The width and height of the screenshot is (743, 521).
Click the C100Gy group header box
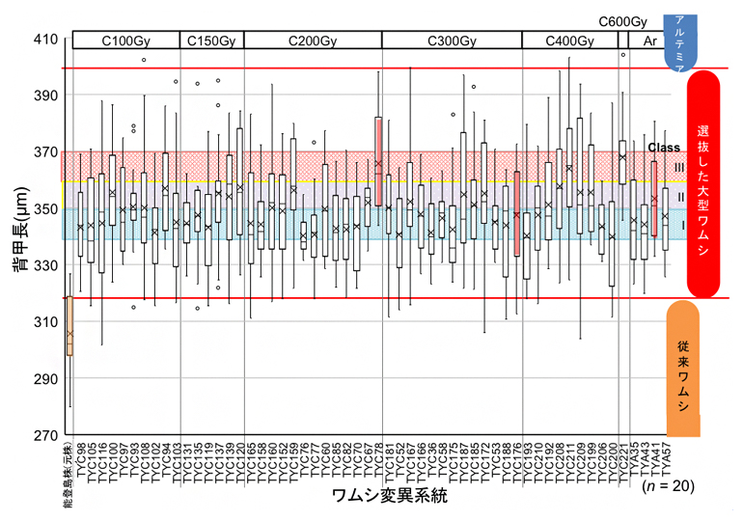pos(125,41)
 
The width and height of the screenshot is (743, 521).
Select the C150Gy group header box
pos(212,41)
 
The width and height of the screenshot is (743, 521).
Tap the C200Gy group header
pos(313,41)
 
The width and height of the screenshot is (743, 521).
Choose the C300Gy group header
pos(452,41)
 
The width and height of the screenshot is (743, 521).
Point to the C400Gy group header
pos(570,41)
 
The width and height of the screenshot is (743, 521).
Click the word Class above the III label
pos(664,148)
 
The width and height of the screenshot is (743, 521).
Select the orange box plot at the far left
pos(69,326)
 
